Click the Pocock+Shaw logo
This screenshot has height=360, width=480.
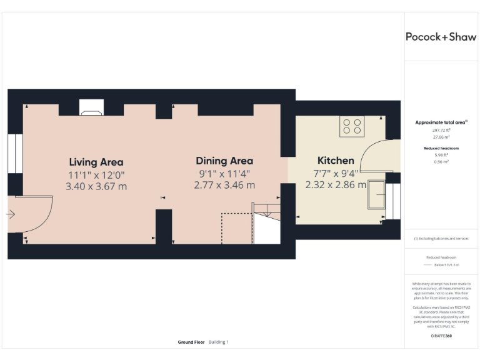[x=441, y=37]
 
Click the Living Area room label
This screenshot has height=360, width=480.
[x=96, y=162]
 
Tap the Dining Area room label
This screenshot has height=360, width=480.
[x=224, y=161]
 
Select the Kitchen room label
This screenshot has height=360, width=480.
[x=336, y=161]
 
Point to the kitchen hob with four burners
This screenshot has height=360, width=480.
[x=352, y=127]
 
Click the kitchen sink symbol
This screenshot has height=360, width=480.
[x=377, y=195]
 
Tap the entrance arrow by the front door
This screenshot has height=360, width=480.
[x=11, y=214]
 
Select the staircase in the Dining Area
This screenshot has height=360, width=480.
[x=266, y=222]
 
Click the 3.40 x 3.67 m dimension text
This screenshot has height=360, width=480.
[x=96, y=186]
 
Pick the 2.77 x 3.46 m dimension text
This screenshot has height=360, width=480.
[x=224, y=185]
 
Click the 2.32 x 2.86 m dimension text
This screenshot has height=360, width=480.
[x=336, y=185]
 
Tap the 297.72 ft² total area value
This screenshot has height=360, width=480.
[x=441, y=130]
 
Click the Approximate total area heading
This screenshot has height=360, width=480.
[x=441, y=122]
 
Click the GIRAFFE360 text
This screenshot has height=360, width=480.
[x=441, y=336]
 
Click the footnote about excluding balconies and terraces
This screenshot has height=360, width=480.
[x=441, y=238]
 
